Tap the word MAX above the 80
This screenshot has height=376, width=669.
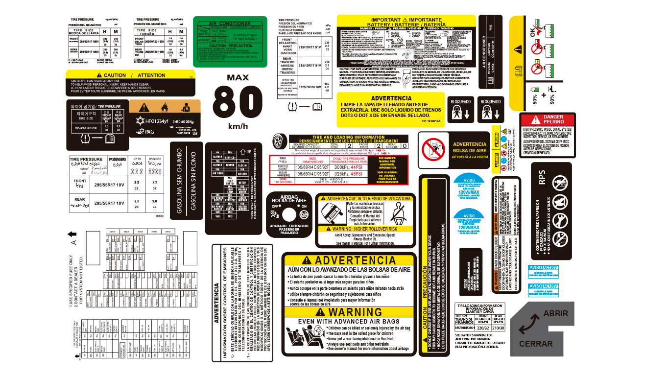[238, 77]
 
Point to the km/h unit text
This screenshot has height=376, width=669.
[238, 127]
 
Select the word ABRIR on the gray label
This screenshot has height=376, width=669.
[555, 314]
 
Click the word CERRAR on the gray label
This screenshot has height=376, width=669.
[536, 344]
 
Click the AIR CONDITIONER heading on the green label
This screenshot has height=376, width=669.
[229, 23]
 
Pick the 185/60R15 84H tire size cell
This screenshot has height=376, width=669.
[465, 328]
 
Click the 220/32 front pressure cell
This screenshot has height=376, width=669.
[482, 328]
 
